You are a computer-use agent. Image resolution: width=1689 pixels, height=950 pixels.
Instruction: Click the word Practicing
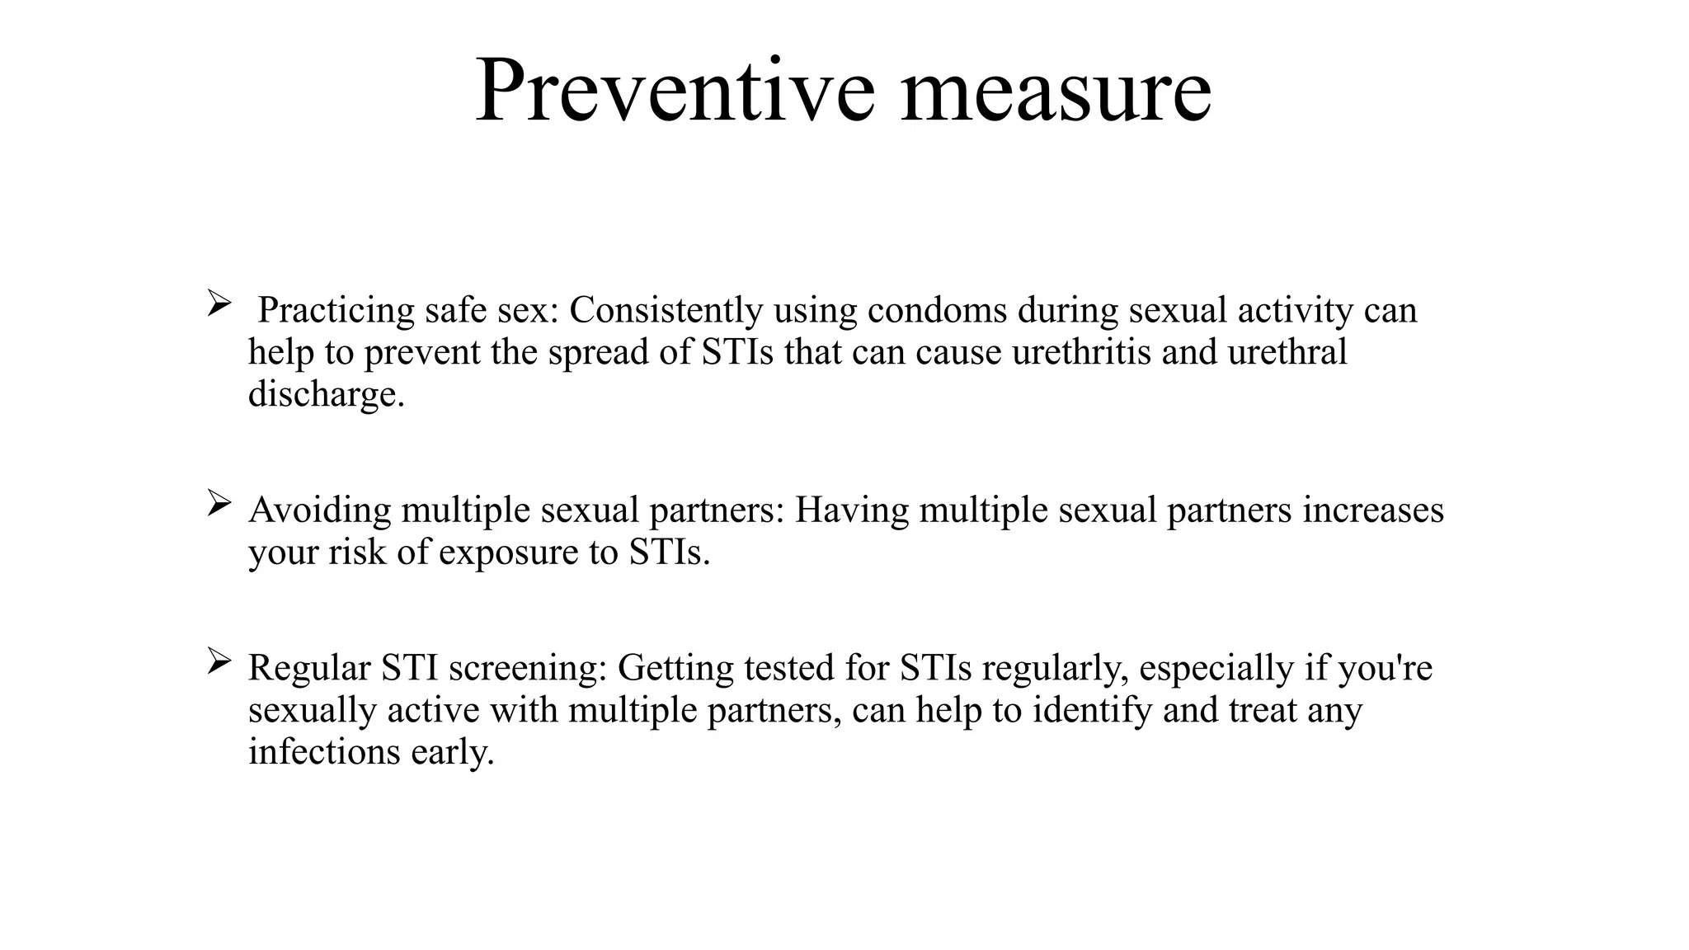(x=336, y=311)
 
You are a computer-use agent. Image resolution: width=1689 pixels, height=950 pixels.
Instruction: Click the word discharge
(x=326, y=395)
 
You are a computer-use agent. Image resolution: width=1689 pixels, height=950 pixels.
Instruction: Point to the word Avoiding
(x=319, y=510)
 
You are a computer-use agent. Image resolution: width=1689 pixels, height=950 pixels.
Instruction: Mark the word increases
(x=1373, y=510)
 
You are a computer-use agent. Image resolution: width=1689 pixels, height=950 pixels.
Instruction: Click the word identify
(x=1092, y=710)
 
